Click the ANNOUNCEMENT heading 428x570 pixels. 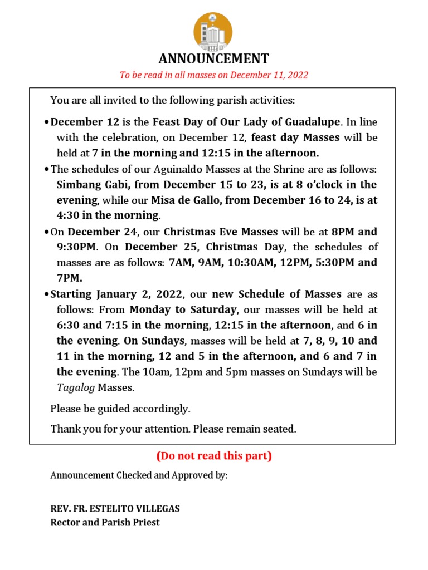click(x=214, y=59)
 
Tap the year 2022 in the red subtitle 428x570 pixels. click(x=297, y=75)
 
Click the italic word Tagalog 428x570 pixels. click(x=76, y=387)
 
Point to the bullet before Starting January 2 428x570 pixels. click(x=46, y=294)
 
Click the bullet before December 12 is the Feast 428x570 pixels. click(x=46, y=122)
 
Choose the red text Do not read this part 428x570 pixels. click(x=214, y=456)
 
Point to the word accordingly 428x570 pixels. click(x=162, y=409)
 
